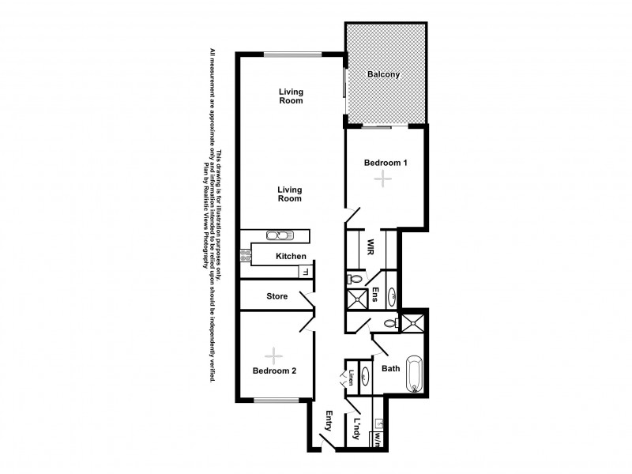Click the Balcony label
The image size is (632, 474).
[385, 75]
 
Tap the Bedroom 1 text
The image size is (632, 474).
[385, 164]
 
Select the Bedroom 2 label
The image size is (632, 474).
[274, 371]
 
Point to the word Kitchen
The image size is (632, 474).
[290, 257]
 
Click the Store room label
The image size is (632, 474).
[276, 296]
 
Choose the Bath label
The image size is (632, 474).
[390, 368]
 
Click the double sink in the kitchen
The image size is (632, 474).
[278, 235]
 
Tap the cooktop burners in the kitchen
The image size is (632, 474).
[245, 255]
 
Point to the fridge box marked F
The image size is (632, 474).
[303, 272]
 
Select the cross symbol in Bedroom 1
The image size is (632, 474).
[383, 180]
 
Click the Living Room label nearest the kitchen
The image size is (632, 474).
[290, 194]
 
